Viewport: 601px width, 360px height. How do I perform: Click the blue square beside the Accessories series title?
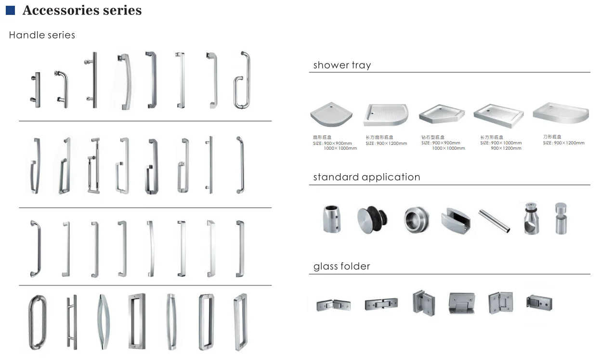[x=10, y=10]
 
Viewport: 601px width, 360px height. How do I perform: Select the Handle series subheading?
[x=42, y=35]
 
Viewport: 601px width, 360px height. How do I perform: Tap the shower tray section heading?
[x=342, y=65]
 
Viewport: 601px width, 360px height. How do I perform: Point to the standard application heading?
[x=366, y=177]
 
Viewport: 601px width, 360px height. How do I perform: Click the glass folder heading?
[x=341, y=266]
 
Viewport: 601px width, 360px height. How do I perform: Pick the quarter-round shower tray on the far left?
[x=328, y=116]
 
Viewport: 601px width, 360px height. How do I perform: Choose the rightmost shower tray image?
[x=561, y=113]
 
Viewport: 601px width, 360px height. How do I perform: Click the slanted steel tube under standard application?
[x=494, y=220]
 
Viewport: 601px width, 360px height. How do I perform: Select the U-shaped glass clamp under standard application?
[x=455, y=221]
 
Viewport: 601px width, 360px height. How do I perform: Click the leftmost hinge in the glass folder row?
[x=333, y=305]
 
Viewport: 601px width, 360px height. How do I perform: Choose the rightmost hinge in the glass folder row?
[x=539, y=303]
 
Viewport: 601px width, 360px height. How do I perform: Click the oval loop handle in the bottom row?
[x=37, y=322]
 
